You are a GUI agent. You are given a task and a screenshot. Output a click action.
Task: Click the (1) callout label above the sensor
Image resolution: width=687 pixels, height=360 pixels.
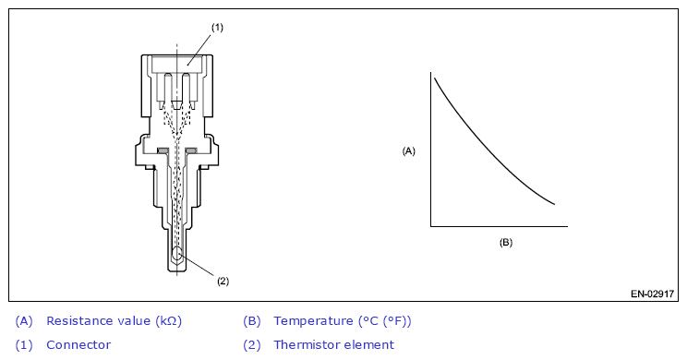click(217, 28)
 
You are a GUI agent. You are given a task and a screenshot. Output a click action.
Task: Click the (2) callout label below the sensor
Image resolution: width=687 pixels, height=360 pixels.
click(223, 282)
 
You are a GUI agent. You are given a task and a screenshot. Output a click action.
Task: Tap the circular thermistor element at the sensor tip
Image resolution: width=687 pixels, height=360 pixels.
click(177, 254)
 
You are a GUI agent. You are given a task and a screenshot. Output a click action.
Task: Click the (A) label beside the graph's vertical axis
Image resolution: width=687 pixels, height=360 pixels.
click(408, 151)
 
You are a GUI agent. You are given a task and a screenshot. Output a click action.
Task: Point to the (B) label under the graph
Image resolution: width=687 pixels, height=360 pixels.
click(506, 243)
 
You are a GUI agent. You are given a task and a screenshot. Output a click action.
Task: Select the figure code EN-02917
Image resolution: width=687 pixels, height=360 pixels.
click(652, 294)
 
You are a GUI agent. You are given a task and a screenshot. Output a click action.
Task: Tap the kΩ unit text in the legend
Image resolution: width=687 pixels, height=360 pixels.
click(167, 321)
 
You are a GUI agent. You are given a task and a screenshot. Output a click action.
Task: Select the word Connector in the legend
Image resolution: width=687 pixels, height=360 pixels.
click(78, 345)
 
